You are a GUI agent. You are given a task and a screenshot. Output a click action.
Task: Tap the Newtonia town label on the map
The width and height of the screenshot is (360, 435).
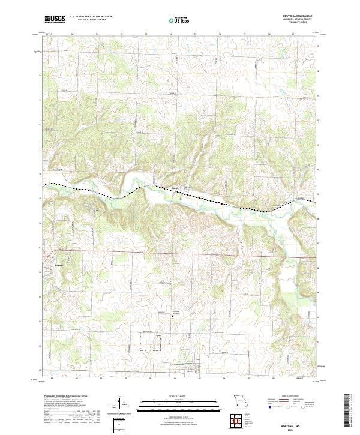coord(175,364)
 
